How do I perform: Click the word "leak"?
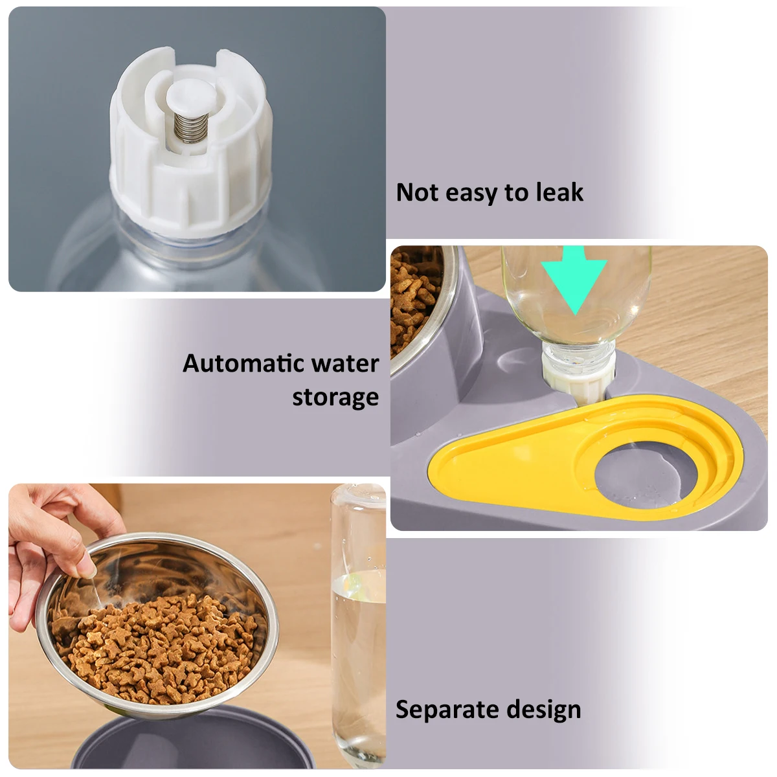click(559, 192)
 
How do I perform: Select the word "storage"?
click(335, 397)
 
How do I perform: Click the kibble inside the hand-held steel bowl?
click(162, 647)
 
